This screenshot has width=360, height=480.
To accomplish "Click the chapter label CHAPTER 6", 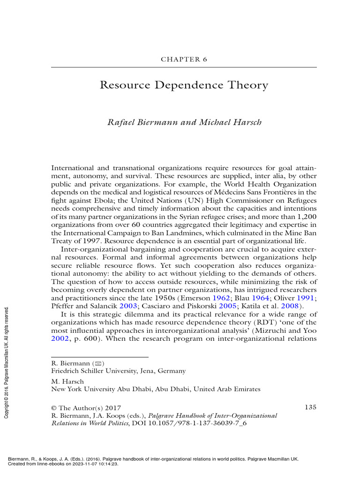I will (x=184, y=60).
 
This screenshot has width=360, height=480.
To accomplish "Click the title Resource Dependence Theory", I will (x=184, y=86).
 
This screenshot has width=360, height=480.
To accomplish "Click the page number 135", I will (x=310, y=407).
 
